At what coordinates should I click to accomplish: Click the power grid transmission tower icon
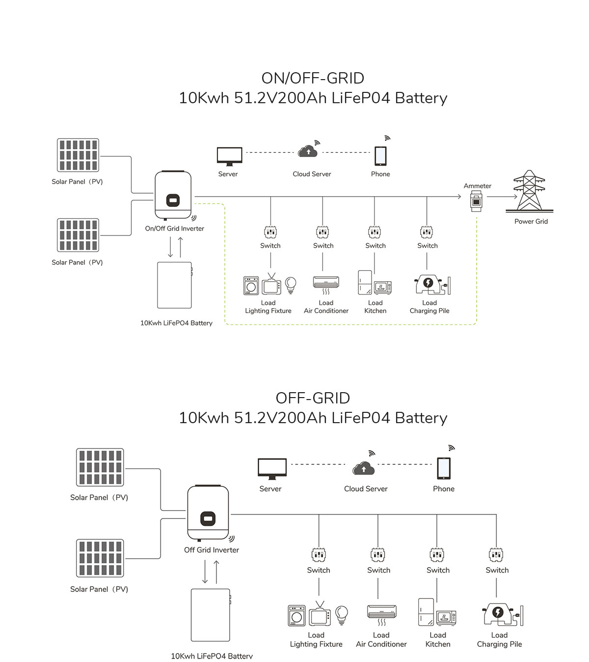click(x=529, y=191)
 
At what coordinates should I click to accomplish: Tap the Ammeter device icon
click(x=476, y=201)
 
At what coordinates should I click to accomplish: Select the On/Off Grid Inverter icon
click(x=173, y=195)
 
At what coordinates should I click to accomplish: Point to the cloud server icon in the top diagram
click(x=308, y=151)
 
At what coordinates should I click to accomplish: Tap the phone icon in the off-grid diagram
click(x=443, y=467)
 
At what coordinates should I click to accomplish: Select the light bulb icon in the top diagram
click(x=291, y=285)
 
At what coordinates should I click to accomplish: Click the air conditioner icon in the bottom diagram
click(x=381, y=612)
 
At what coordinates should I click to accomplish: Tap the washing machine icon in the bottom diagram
click(x=296, y=615)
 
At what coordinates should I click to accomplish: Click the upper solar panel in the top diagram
click(x=78, y=155)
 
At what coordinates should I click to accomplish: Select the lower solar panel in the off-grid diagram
click(x=100, y=558)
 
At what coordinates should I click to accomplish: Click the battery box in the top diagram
click(x=174, y=285)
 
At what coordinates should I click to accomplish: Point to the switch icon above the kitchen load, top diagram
click(x=375, y=232)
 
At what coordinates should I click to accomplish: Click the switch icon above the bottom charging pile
click(x=496, y=555)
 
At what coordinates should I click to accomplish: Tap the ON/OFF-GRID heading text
click(x=313, y=78)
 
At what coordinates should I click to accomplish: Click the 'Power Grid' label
click(x=531, y=222)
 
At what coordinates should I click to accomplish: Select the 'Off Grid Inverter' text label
click(x=211, y=550)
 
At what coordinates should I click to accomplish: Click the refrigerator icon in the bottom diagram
click(x=426, y=612)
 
